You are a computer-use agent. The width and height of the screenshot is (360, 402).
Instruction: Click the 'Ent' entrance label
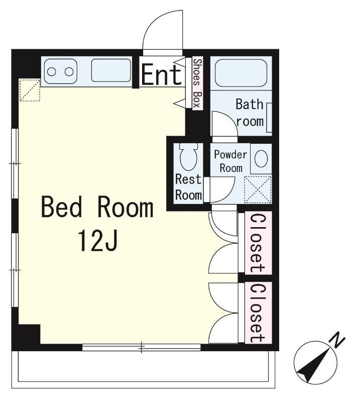[x=162, y=75]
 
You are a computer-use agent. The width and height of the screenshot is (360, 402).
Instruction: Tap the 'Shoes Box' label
[x=197, y=83]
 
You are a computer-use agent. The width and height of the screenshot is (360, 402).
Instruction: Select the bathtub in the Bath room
[x=241, y=73]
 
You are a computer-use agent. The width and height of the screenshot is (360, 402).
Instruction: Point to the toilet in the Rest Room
[x=189, y=157]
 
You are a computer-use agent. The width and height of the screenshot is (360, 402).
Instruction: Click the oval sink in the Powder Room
[x=261, y=159]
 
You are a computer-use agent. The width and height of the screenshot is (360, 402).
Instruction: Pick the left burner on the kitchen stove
[x=52, y=72]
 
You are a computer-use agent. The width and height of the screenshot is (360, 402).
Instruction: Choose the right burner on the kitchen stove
[x=69, y=72]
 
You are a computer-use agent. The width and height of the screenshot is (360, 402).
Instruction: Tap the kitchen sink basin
[x=111, y=70]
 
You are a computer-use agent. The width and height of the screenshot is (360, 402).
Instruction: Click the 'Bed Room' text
[x=97, y=207]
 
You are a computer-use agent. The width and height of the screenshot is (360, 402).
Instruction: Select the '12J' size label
[x=97, y=241]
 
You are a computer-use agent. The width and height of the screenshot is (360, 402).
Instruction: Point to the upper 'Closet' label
[x=258, y=243]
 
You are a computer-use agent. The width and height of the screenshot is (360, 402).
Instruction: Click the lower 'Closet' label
[x=258, y=313]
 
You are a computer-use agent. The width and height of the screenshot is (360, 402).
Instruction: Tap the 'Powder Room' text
[x=230, y=161]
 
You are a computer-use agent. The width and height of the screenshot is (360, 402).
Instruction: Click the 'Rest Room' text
[x=189, y=187]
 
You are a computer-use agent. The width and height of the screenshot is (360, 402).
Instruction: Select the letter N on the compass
[x=338, y=340]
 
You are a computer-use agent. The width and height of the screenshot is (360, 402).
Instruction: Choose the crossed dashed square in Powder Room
[x=258, y=190]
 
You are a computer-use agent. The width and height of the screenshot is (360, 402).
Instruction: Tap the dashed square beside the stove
[x=30, y=90]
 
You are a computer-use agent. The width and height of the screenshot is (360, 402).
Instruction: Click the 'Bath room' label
[x=250, y=113]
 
